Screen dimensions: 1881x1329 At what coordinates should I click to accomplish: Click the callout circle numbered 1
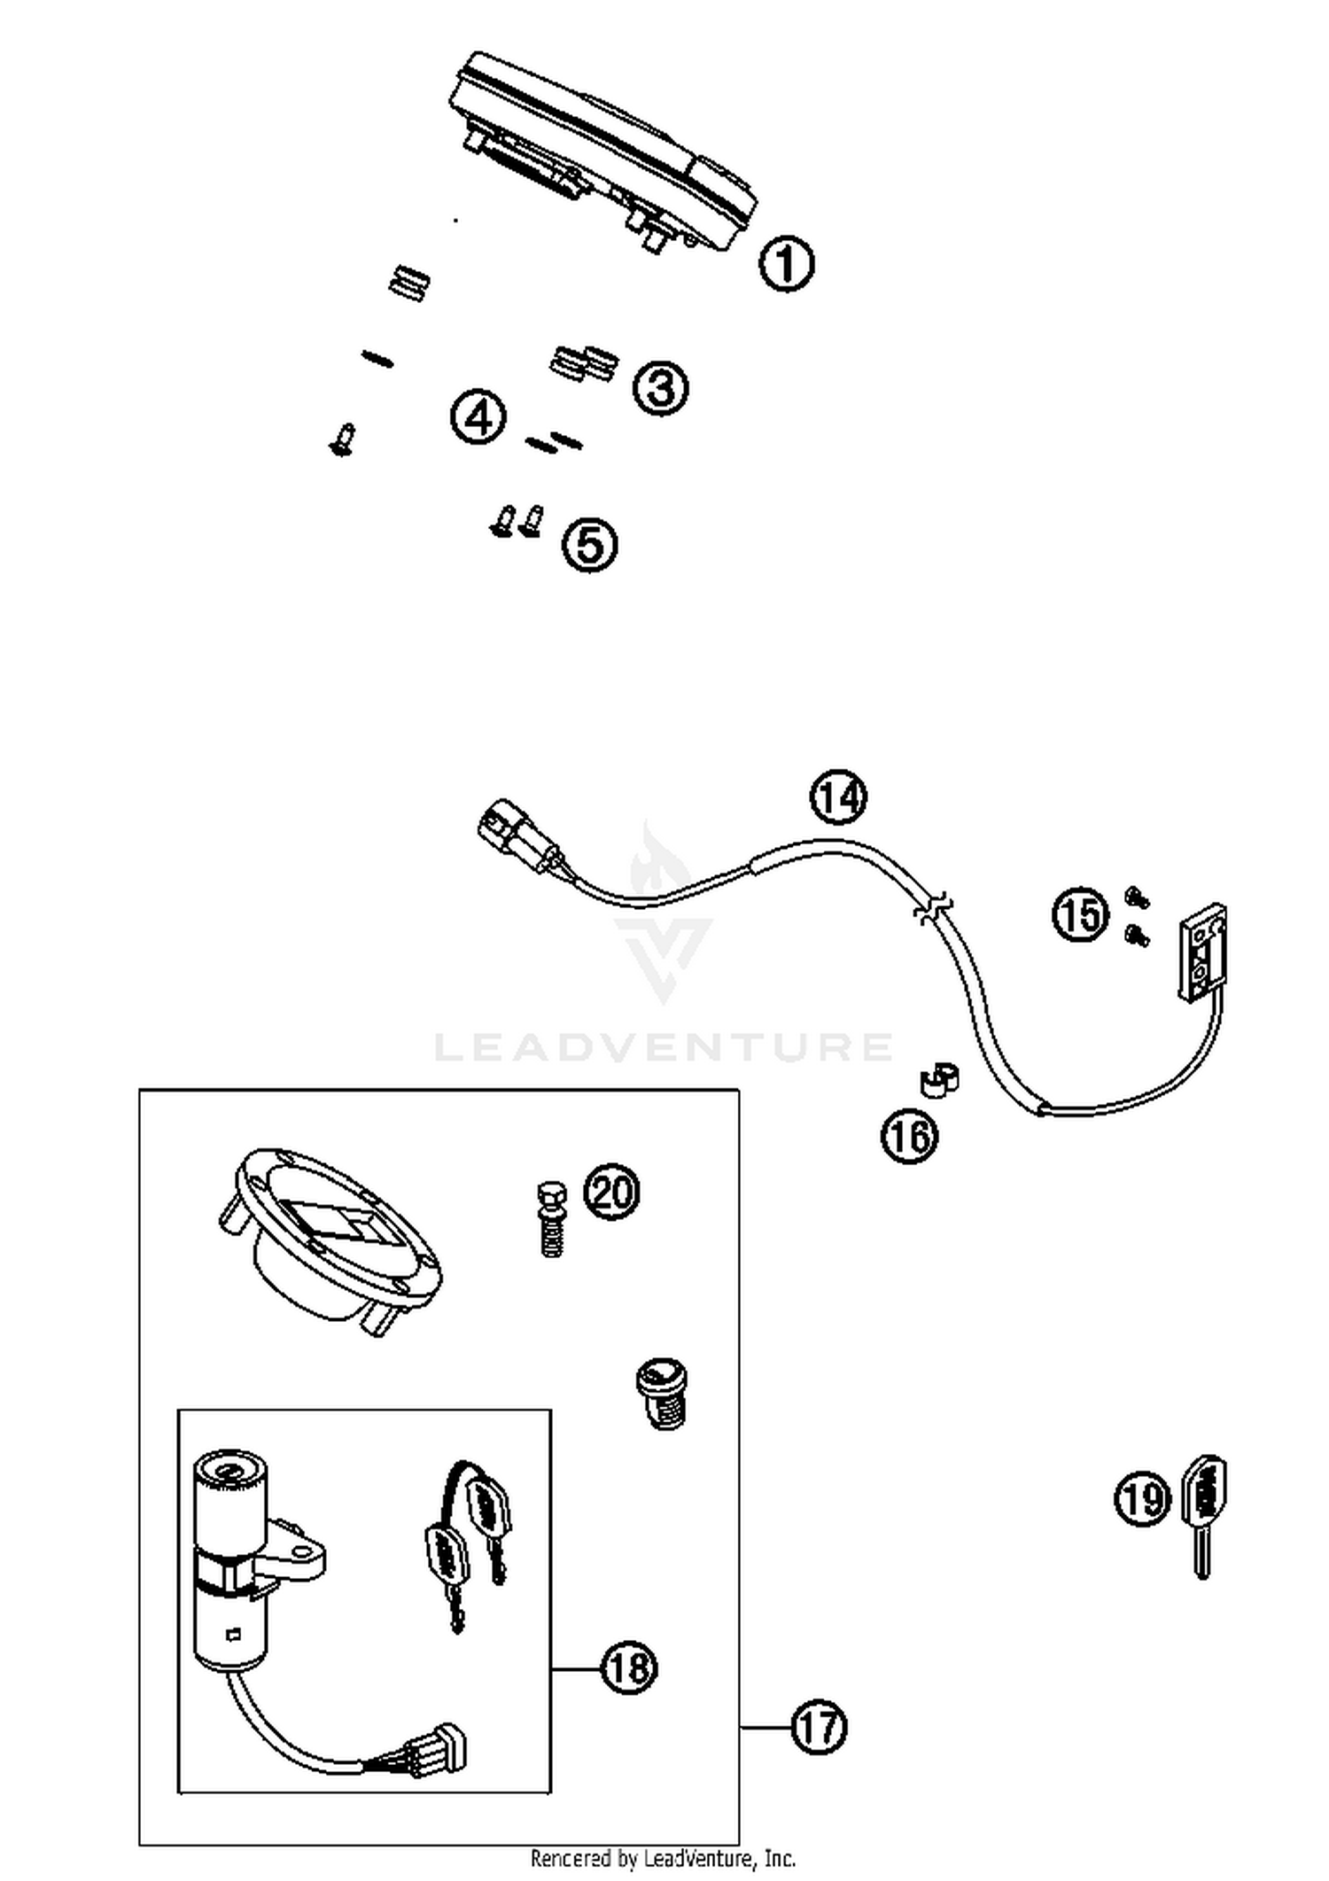[786, 263]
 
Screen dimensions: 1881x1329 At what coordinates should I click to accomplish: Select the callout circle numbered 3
[660, 387]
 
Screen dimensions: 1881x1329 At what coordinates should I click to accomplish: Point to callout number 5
[590, 544]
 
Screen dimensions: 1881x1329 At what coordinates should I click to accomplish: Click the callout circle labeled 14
[838, 797]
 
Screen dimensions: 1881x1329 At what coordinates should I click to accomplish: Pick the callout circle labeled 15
[1080, 914]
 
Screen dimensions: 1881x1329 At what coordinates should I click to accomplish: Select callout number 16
[909, 1136]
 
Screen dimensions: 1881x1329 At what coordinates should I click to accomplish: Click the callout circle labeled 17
[818, 1727]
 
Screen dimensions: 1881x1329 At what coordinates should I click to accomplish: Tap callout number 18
[629, 1668]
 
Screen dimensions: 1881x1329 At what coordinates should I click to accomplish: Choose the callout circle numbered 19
[1142, 1499]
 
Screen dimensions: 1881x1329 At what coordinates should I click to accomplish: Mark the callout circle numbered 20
[611, 1193]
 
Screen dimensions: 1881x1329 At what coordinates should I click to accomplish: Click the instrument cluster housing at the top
[602, 151]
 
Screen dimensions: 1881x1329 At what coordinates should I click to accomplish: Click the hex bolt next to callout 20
[552, 1218]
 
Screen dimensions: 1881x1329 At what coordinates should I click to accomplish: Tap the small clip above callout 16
[938, 1081]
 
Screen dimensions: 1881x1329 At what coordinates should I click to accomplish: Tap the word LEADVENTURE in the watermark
[663, 1046]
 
